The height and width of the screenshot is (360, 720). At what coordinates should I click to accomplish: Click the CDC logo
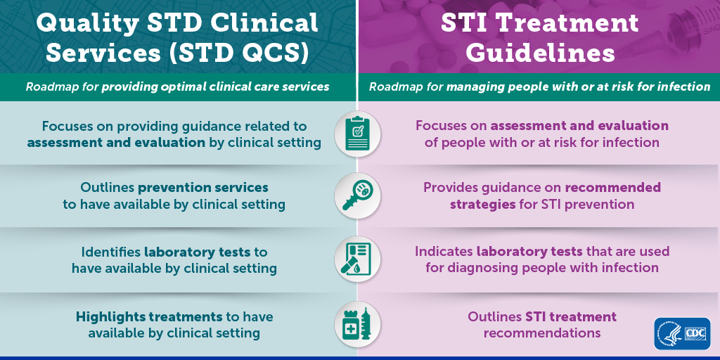[682, 333]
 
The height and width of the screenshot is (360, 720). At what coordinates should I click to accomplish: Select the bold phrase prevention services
[203, 188]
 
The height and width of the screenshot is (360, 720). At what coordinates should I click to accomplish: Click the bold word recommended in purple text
[612, 188]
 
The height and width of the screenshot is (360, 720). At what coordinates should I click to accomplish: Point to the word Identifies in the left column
[111, 252]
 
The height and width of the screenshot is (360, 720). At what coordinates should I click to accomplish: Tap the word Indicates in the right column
[444, 252]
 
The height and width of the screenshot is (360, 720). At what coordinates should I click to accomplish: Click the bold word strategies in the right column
[482, 204]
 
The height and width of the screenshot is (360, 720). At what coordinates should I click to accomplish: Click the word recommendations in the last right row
[542, 333]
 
